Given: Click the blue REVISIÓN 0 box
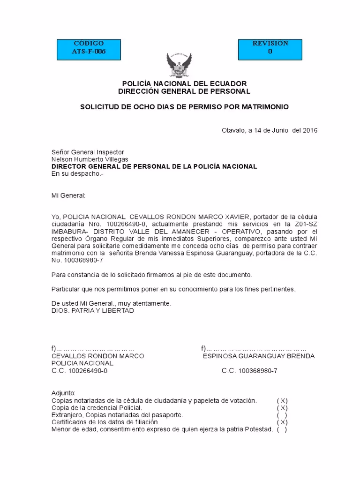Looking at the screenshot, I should [x=270, y=47].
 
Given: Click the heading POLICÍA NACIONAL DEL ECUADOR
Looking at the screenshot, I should [x=184, y=84].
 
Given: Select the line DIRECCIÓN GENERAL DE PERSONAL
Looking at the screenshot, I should [x=184, y=91].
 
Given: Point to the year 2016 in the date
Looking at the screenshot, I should [x=310, y=130].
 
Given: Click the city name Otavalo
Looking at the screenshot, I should [x=233, y=130].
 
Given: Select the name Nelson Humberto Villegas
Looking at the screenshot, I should [x=90, y=159].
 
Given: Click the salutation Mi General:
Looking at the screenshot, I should [x=68, y=195].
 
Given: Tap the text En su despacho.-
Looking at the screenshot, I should [x=77, y=173].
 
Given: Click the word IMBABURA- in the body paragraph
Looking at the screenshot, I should [x=69, y=232].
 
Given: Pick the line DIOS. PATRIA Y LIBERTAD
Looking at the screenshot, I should [x=92, y=310].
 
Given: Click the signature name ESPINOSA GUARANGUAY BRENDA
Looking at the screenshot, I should [x=258, y=356].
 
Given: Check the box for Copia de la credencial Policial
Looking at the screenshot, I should [x=282, y=408].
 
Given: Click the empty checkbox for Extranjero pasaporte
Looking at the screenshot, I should [x=282, y=415].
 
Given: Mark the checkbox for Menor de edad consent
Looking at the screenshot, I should [x=282, y=429].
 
